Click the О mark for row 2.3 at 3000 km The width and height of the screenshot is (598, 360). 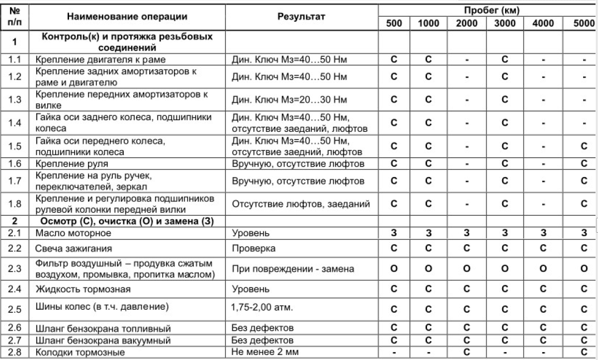[x=504, y=269]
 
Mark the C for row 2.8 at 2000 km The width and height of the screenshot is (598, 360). [x=466, y=352]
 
